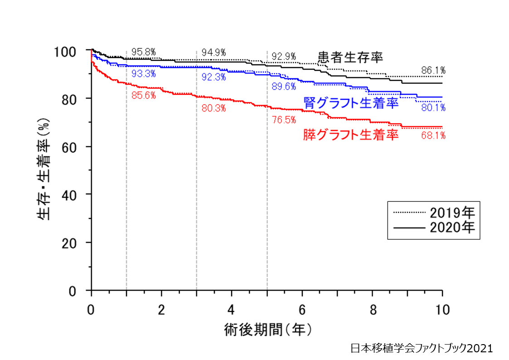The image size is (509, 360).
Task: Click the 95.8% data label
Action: (x=144, y=52)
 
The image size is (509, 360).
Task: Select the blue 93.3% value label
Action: (x=144, y=73)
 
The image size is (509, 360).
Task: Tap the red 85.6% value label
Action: (x=144, y=95)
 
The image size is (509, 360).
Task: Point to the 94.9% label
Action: (x=214, y=52)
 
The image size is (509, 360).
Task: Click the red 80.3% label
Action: (x=214, y=108)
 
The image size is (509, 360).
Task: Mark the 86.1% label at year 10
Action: (x=433, y=70)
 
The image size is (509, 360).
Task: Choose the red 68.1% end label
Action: (x=433, y=135)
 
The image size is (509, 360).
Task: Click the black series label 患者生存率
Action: (x=350, y=58)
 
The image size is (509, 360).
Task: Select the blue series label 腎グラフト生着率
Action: (x=351, y=103)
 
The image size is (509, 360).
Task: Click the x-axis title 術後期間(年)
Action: (x=268, y=330)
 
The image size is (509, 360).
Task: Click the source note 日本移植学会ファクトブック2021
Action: (x=422, y=348)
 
